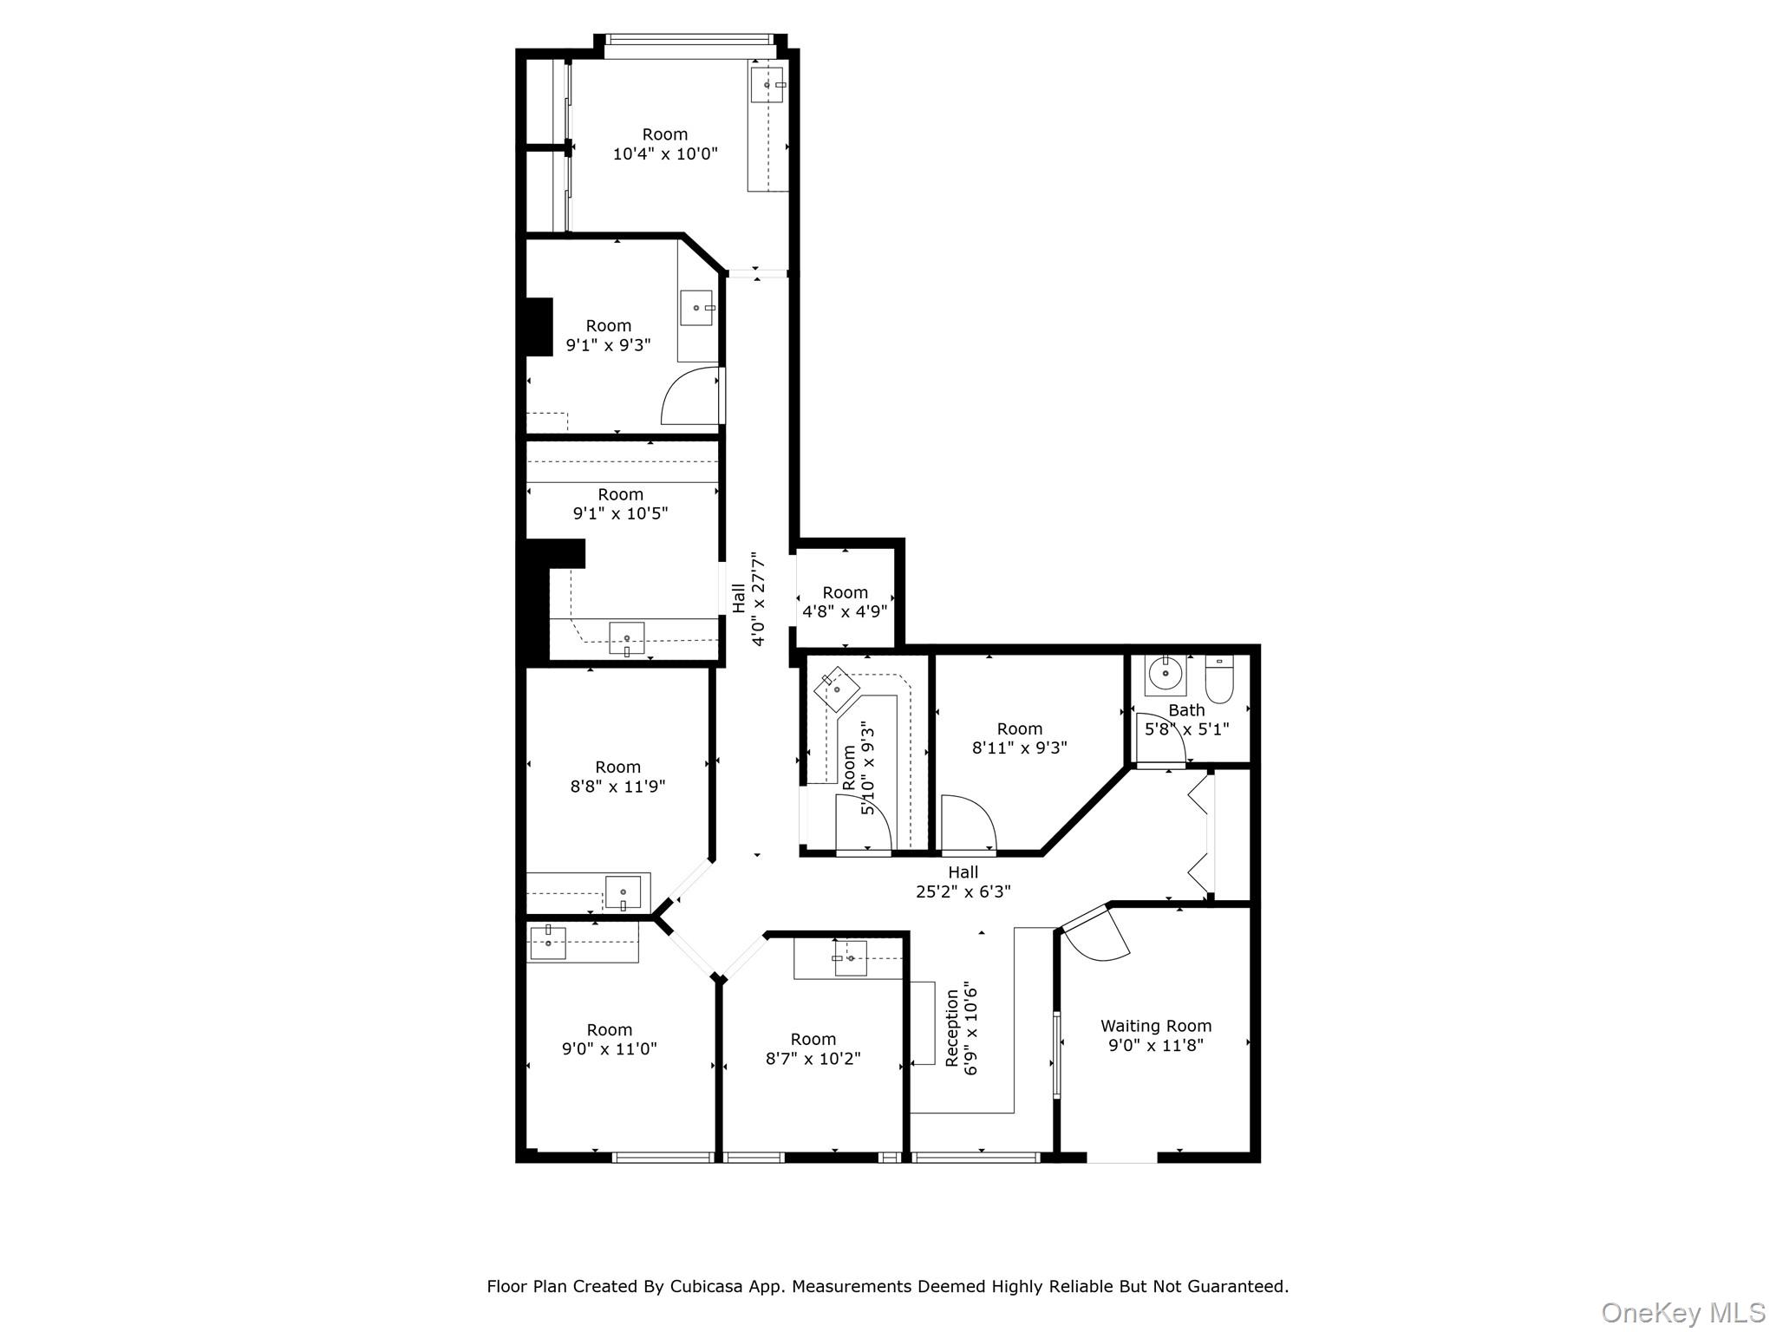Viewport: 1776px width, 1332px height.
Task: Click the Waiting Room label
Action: pyautogui.click(x=1155, y=1026)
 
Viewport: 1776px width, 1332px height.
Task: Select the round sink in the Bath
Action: pyautogui.click(x=1165, y=673)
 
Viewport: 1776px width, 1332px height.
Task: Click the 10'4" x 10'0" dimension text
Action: pyautogui.click(x=665, y=154)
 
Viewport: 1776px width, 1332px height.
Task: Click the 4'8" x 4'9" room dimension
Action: pyautogui.click(x=845, y=611)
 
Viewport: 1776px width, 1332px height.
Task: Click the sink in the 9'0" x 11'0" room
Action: pyautogui.click(x=548, y=943)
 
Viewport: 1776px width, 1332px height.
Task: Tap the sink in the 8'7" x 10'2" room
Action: pyautogui.click(x=851, y=958)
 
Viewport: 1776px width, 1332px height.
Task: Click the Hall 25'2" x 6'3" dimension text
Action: pyautogui.click(x=963, y=891)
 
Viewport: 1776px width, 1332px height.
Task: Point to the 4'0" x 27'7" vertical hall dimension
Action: pyautogui.click(x=759, y=598)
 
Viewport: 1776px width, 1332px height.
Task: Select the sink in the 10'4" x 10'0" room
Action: pyautogui.click(x=767, y=85)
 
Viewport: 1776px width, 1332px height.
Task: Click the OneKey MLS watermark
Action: pyautogui.click(x=1682, y=1312)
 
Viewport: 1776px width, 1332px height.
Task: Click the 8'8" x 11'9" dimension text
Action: pyautogui.click(x=617, y=787)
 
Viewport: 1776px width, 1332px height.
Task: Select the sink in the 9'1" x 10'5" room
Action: pyautogui.click(x=626, y=638)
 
